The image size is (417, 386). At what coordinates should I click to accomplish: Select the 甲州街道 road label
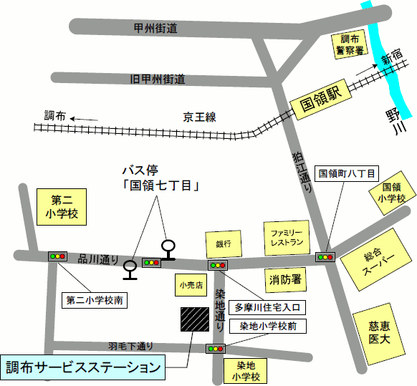point(155,28)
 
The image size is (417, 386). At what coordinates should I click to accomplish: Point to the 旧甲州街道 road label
point(158,78)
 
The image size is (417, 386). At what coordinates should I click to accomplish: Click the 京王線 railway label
point(198,116)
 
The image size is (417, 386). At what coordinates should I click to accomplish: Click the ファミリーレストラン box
point(287,239)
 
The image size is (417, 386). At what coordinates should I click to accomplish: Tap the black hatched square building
point(196,319)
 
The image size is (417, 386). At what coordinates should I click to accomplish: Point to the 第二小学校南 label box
point(95,300)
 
